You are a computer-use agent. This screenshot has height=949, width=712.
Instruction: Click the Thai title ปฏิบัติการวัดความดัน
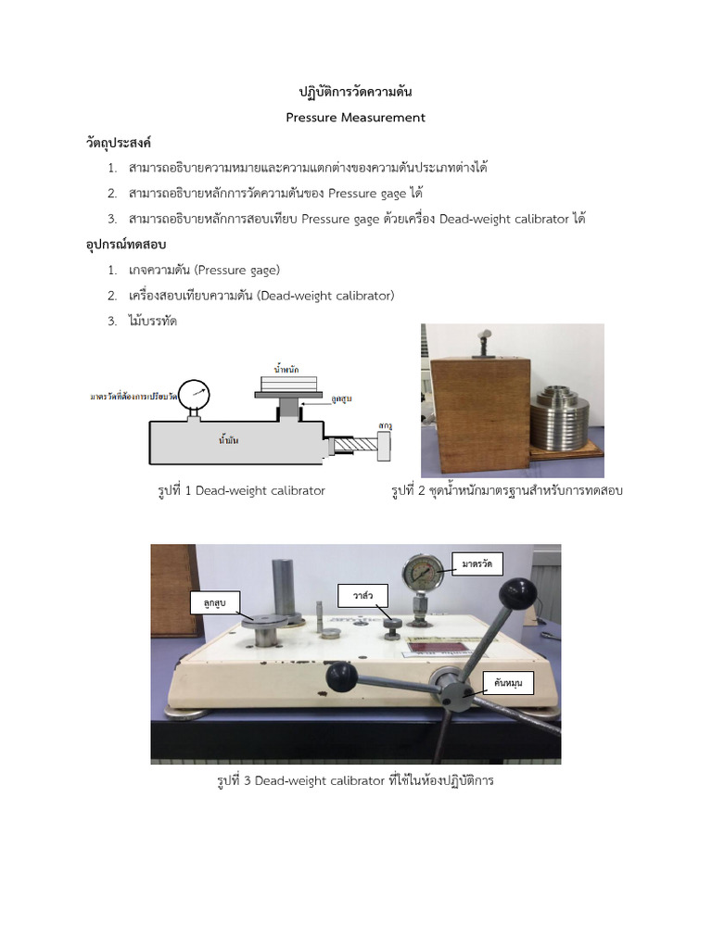pos(355,93)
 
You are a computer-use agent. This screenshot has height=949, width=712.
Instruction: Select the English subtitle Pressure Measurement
pos(355,118)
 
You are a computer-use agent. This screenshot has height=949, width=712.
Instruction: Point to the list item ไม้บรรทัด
pos(153,322)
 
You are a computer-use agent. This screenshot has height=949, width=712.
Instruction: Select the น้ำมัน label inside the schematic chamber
pos(228,440)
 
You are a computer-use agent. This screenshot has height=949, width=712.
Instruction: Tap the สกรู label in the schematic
pos(385,424)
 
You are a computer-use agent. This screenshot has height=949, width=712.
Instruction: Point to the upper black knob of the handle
pos(518,593)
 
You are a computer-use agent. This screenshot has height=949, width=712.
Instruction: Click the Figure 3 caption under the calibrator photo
pos(355,780)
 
